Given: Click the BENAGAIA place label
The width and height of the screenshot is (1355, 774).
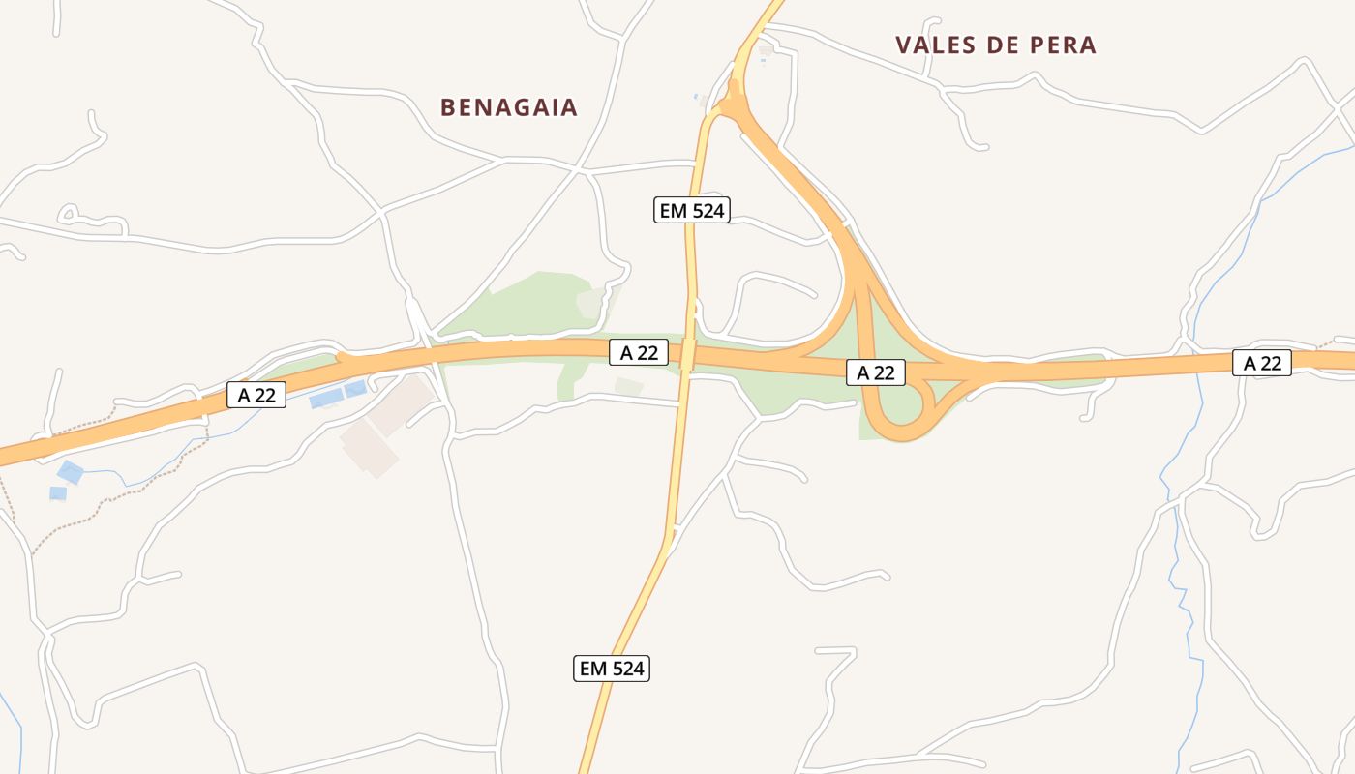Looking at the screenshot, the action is [x=509, y=107].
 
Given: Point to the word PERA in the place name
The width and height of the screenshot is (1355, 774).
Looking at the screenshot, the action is [x=1063, y=45].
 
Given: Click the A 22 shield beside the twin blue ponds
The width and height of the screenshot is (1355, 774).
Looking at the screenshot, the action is [x=256, y=395].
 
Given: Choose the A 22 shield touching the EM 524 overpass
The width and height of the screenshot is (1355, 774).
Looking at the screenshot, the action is [x=639, y=353].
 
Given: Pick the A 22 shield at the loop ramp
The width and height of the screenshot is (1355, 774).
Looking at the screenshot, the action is [x=876, y=372].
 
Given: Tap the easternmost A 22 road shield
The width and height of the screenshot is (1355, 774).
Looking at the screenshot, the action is [x=1262, y=363].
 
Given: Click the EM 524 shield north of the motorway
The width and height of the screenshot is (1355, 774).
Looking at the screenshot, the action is [x=691, y=210].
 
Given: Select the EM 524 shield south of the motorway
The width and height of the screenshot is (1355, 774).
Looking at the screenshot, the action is [x=611, y=668].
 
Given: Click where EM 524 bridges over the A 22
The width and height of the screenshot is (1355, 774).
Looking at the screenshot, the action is [x=688, y=355].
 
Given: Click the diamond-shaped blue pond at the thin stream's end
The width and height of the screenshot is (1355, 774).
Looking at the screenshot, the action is [x=70, y=472].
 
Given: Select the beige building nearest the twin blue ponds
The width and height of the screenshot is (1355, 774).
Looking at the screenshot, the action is [x=399, y=403].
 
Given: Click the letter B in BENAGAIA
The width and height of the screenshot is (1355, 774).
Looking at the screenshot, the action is [x=447, y=107].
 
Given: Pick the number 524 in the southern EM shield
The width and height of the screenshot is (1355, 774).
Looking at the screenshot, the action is [x=624, y=668].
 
